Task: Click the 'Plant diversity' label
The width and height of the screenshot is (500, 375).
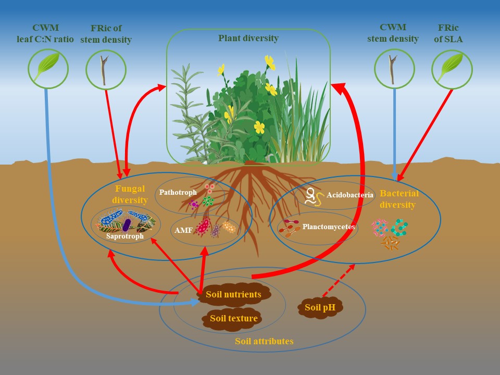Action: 248,38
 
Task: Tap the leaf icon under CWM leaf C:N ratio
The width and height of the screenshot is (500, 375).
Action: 48,68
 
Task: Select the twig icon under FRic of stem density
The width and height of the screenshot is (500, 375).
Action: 106,70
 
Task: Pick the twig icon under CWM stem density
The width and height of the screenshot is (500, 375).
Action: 394,69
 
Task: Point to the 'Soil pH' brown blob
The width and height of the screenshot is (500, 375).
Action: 320,307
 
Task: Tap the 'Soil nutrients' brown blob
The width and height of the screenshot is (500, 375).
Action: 233,295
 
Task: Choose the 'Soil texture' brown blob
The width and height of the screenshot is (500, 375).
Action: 233,318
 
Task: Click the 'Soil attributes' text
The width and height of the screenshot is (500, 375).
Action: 264,342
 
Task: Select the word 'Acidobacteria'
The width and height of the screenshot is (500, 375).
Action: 350,195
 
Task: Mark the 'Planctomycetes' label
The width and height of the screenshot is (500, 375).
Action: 329,227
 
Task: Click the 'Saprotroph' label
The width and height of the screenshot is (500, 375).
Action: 125,236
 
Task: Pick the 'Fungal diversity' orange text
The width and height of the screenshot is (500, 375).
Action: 130,194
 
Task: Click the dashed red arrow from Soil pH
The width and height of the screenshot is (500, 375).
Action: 339,280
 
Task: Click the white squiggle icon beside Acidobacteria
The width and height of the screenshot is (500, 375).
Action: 314,196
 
